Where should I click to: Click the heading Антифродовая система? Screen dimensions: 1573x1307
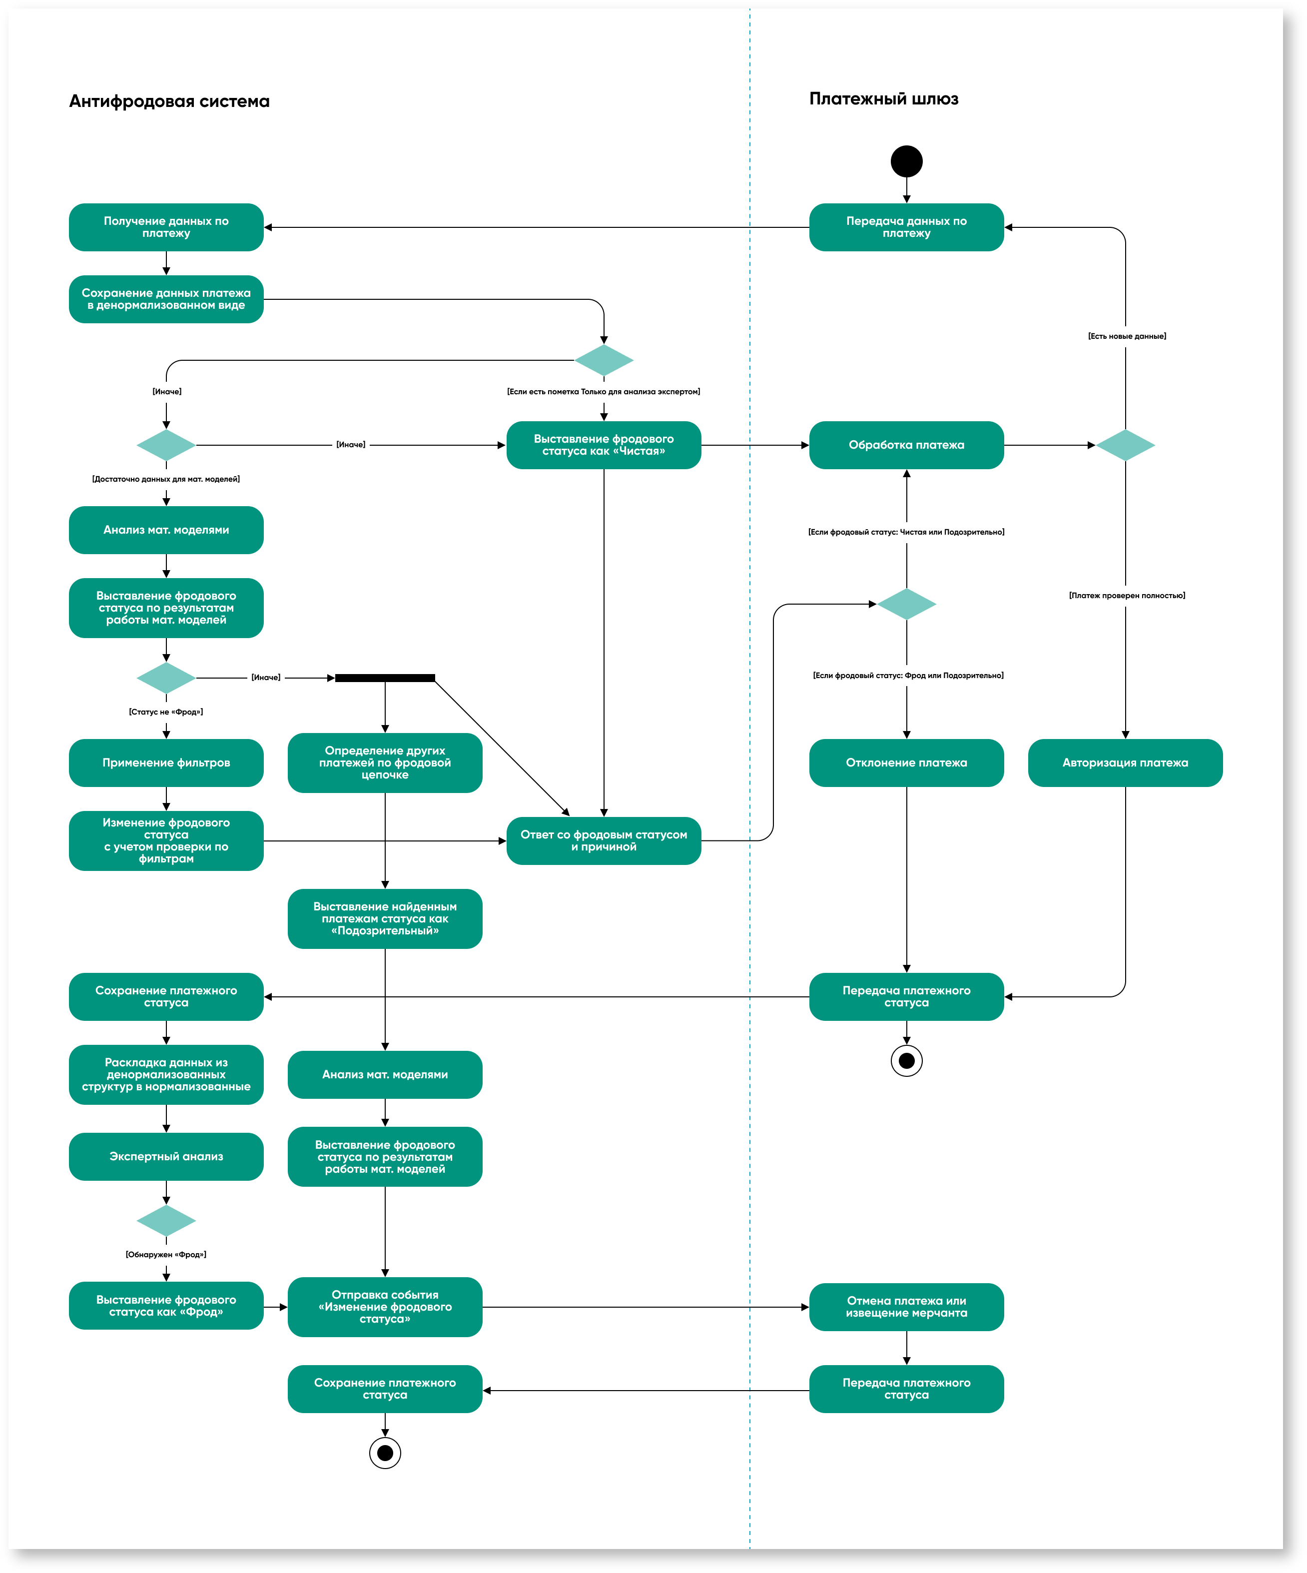click(169, 101)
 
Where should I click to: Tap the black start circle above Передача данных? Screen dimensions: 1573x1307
click(906, 161)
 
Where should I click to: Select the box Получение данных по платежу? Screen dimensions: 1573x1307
click(166, 227)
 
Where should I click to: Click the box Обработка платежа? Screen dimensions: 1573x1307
click(906, 445)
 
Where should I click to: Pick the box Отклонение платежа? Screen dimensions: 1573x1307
click(906, 763)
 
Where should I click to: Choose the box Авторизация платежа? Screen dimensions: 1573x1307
click(1125, 763)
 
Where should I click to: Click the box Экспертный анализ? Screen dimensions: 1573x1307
click(166, 1157)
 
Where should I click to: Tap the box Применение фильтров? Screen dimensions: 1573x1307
click(166, 763)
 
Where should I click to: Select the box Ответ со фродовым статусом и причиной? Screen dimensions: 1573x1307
click(604, 840)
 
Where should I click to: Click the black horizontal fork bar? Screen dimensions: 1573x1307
click(385, 678)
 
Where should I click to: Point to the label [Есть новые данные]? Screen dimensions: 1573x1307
click(1127, 336)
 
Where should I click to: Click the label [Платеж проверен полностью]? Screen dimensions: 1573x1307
click(1127, 596)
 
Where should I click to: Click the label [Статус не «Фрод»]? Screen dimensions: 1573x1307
click(166, 712)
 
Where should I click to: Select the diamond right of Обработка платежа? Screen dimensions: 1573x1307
click(1125, 445)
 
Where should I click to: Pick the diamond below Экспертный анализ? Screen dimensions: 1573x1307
click(166, 1220)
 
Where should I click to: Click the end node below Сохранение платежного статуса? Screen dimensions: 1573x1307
click(385, 1453)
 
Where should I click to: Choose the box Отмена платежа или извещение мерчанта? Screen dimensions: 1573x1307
click(906, 1307)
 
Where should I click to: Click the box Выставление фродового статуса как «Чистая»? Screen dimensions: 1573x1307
click(604, 445)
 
